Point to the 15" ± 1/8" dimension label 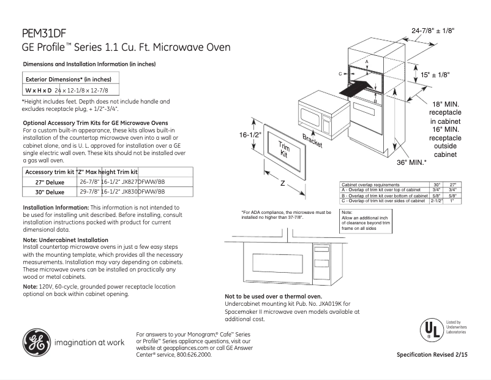coord(435,74)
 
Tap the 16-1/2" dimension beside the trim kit coord(250,135)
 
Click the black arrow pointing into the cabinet coord(356,88)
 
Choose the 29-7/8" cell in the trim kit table coord(90,191)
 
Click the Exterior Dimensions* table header coord(68,79)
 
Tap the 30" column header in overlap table coord(437,184)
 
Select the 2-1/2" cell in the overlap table coord(437,200)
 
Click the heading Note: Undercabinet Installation coord(66,240)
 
